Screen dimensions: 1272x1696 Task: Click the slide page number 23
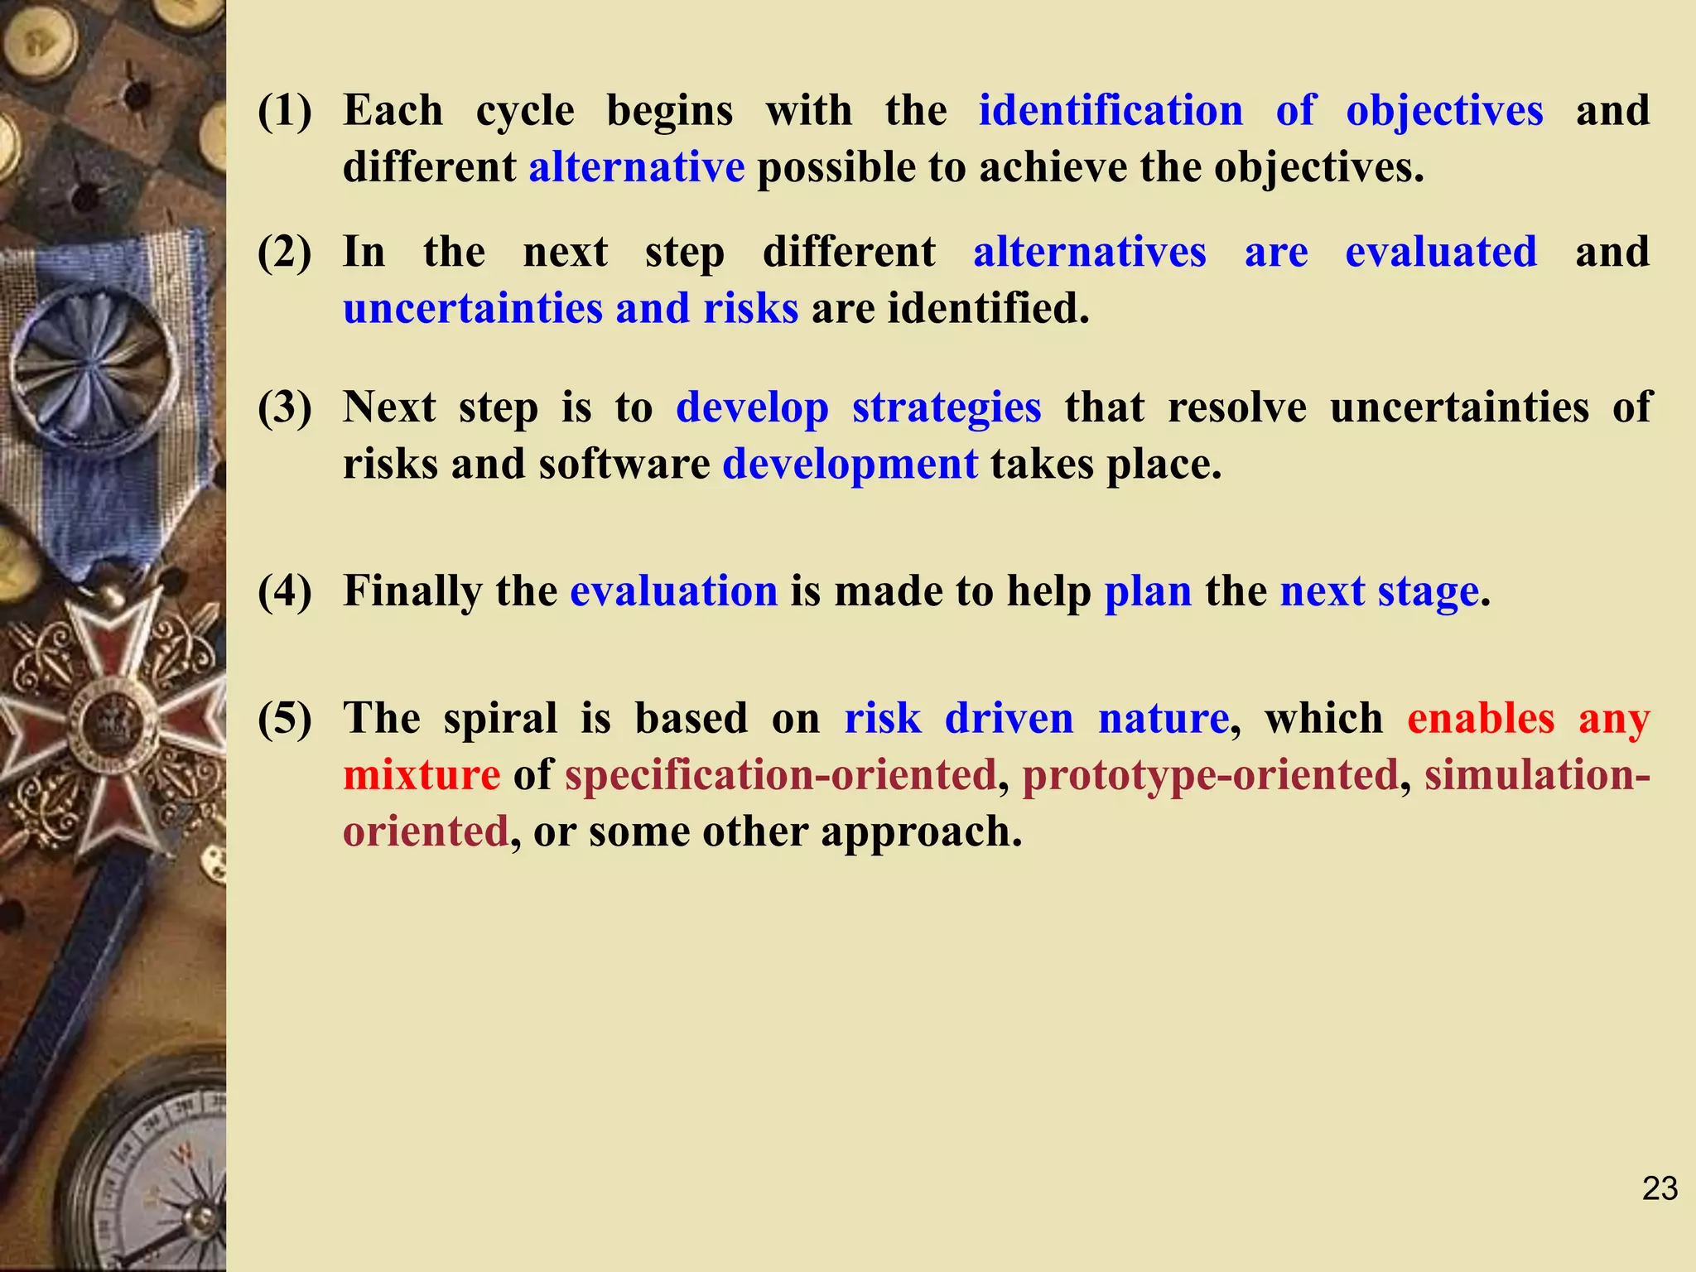(x=1660, y=1188)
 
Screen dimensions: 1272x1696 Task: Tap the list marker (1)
(x=285, y=111)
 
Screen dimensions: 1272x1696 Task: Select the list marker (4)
(x=285, y=591)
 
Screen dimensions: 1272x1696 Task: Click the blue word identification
(x=1111, y=111)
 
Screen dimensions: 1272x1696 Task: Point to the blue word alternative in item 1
(x=637, y=167)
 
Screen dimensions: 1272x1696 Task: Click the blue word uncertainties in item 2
(x=473, y=308)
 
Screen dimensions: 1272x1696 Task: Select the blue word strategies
(x=947, y=408)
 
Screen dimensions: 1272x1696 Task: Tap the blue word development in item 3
(x=850, y=464)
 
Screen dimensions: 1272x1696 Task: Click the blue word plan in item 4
(x=1148, y=591)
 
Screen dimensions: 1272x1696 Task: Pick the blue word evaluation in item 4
(x=674, y=591)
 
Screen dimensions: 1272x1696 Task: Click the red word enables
(x=1481, y=718)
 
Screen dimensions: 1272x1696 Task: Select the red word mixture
(x=422, y=775)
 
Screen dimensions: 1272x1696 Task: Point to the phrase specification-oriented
(x=781, y=775)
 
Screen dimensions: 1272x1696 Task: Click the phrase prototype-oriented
(x=1210, y=775)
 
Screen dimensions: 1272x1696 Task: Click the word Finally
(x=412, y=591)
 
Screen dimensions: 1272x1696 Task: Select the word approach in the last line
(x=921, y=831)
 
